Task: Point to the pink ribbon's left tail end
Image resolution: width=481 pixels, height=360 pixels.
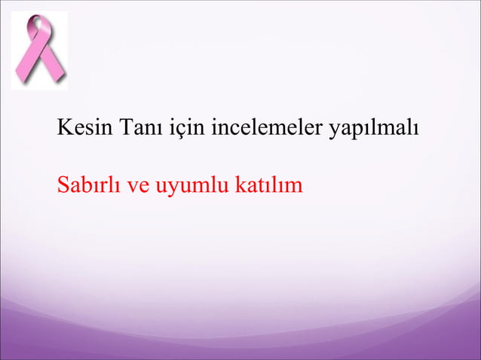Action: [x=21, y=78]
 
